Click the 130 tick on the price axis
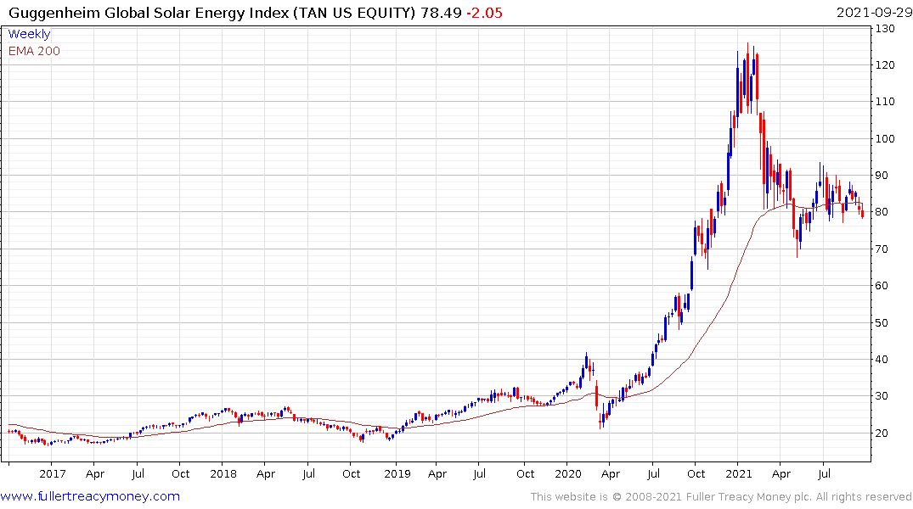tap(888, 29)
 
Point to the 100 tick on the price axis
tap(888, 138)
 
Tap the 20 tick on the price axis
tap(884, 433)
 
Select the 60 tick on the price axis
tap(884, 286)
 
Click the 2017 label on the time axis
tap(52, 473)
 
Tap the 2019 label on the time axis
tap(396, 473)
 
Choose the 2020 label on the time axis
tap(568, 473)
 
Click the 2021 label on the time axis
tap(741, 473)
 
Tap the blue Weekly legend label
tap(29, 35)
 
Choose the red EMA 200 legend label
tap(34, 51)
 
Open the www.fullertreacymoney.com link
tap(91, 496)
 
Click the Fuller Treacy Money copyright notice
tap(721, 497)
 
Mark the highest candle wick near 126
tap(747, 44)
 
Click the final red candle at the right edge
tap(863, 213)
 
